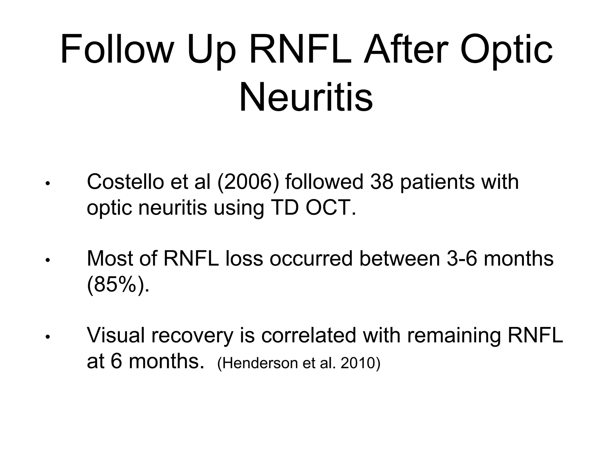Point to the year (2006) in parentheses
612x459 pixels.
[x=248, y=182]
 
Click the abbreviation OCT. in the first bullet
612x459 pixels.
[x=331, y=208]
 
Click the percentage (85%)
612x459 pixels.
[x=117, y=285]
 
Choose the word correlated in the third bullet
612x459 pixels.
[x=309, y=335]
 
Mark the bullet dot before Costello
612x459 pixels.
[x=47, y=184]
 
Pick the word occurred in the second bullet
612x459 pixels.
[x=311, y=258]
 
